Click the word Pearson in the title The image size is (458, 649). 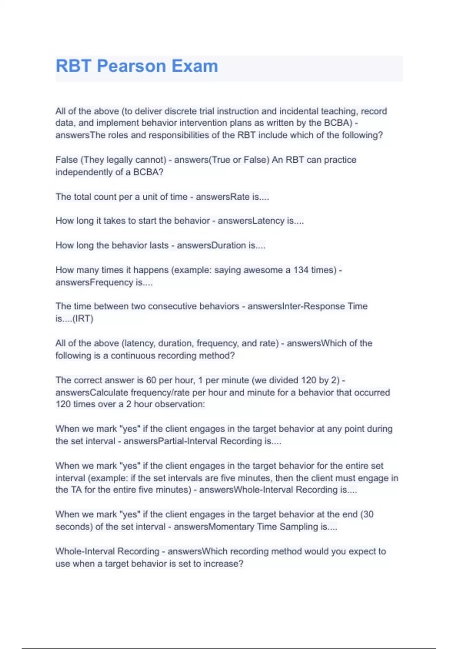(x=131, y=66)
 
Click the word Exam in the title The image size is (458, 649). (x=195, y=66)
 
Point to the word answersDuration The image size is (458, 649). (x=211, y=245)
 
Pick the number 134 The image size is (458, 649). (x=301, y=270)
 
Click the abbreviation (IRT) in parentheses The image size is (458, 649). (x=83, y=319)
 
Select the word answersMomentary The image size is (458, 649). (x=214, y=527)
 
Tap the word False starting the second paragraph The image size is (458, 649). (x=66, y=160)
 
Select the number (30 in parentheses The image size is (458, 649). (x=367, y=514)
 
